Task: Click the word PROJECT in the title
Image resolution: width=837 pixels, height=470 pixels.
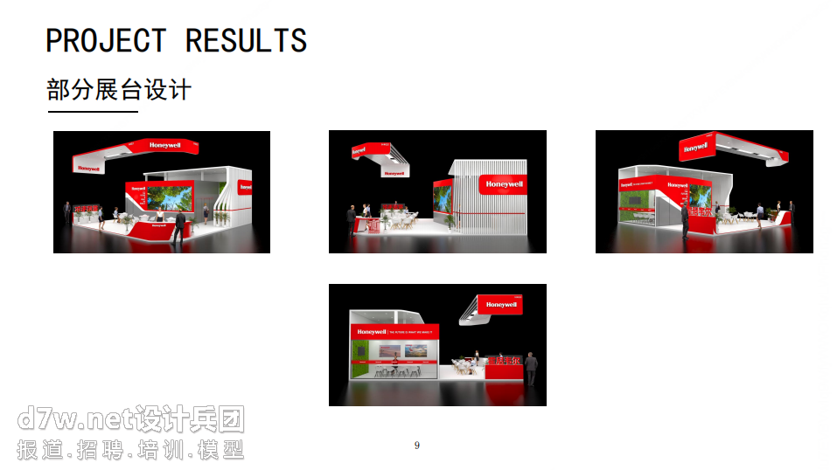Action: pyautogui.click(x=105, y=41)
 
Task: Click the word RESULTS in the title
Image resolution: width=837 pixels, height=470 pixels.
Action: pyautogui.click(x=246, y=41)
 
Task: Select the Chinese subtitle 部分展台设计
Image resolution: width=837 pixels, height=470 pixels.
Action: pyautogui.click(x=119, y=90)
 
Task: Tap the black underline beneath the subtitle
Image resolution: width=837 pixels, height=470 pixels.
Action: pyautogui.click(x=93, y=112)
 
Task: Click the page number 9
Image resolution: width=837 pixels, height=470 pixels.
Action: pyautogui.click(x=417, y=446)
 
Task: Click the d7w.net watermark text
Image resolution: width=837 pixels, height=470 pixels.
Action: pyautogui.click(x=131, y=420)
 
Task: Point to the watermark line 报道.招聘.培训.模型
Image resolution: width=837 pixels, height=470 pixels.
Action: pyautogui.click(x=131, y=451)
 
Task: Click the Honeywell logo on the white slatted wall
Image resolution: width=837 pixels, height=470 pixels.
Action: pyautogui.click(x=504, y=184)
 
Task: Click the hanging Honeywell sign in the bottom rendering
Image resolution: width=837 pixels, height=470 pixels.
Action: pyautogui.click(x=501, y=305)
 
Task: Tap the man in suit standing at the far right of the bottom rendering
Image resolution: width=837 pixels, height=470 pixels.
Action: pyautogui.click(x=530, y=370)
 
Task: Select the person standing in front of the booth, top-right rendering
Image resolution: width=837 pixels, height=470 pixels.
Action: pyautogui.click(x=686, y=223)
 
